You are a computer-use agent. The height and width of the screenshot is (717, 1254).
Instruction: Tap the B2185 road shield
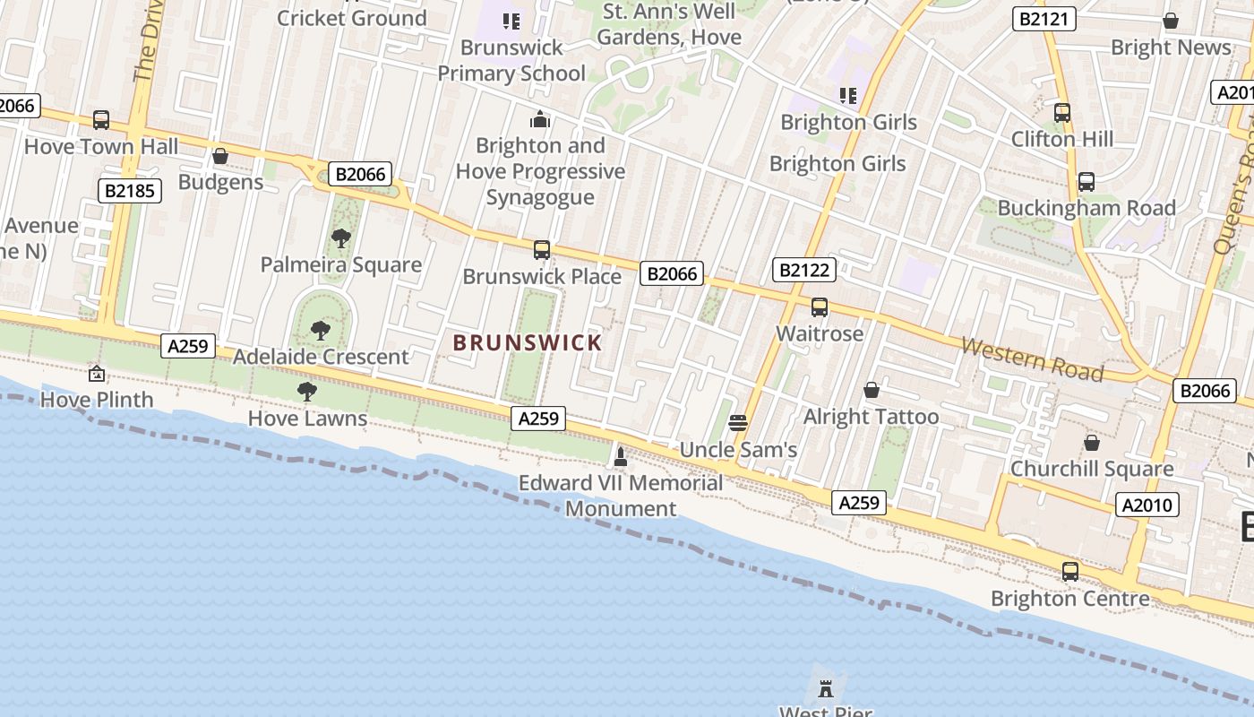click(x=129, y=190)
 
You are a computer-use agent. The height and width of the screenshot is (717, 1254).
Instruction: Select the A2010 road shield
click(x=1147, y=505)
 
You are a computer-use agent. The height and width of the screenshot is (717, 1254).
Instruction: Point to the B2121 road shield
click(x=1044, y=19)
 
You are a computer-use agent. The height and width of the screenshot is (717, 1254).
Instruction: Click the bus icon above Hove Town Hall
click(x=101, y=120)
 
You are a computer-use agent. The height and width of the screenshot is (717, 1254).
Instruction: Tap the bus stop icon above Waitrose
click(x=819, y=307)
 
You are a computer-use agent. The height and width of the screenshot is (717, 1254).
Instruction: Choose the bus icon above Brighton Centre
click(x=1069, y=571)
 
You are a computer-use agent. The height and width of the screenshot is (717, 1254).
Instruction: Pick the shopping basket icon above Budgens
click(x=220, y=157)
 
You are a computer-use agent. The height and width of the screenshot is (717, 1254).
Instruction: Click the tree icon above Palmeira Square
click(x=340, y=238)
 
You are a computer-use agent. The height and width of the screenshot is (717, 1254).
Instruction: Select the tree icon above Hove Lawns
click(x=307, y=392)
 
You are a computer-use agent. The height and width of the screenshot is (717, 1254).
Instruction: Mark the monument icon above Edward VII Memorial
click(x=620, y=457)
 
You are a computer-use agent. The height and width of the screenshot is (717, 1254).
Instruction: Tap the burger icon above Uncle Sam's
click(x=738, y=423)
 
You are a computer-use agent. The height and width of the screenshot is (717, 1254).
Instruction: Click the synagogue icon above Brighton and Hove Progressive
click(x=540, y=118)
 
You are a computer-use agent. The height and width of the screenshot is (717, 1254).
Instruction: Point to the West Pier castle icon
click(x=826, y=688)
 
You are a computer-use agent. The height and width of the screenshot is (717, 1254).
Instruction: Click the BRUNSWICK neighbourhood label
click(x=528, y=342)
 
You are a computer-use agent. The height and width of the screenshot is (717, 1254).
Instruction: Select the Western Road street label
click(x=1032, y=358)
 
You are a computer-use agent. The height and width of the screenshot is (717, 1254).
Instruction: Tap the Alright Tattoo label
click(x=871, y=417)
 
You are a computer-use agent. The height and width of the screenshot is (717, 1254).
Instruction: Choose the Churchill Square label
click(x=1091, y=469)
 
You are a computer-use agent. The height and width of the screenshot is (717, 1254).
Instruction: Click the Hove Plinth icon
click(x=97, y=374)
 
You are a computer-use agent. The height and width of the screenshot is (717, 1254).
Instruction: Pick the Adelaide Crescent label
click(x=321, y=357)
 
